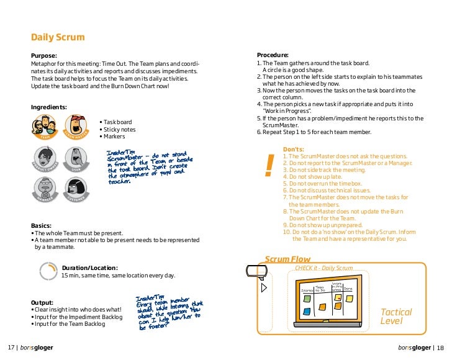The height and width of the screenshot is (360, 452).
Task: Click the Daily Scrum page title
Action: click(58, 37)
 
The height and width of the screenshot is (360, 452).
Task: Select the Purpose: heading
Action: click(44, 55)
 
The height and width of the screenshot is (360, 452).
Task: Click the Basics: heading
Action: click(43, 225)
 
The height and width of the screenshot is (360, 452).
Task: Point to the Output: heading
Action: click(43, 302)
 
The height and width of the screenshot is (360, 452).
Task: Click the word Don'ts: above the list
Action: click(293, 149)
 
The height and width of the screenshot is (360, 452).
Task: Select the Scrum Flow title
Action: click(288, 259)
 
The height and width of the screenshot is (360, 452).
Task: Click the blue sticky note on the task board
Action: click(307, 299)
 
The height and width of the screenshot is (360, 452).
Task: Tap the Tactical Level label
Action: click(395, 317)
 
